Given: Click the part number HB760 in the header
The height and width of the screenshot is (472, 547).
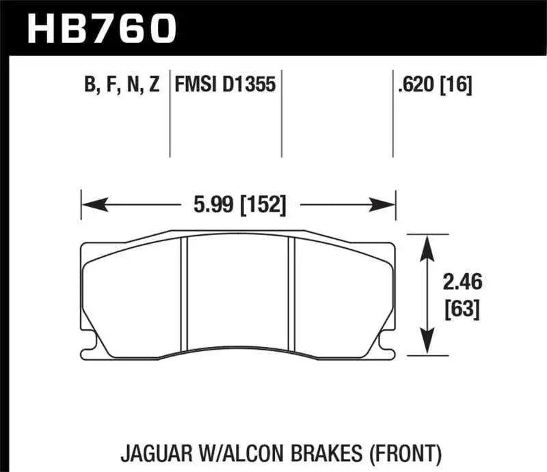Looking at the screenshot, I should coord(102,27).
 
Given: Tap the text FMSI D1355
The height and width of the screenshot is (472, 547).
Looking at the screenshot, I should coord(225,85).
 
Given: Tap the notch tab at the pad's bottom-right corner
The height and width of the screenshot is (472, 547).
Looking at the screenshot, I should coord(389,352).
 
